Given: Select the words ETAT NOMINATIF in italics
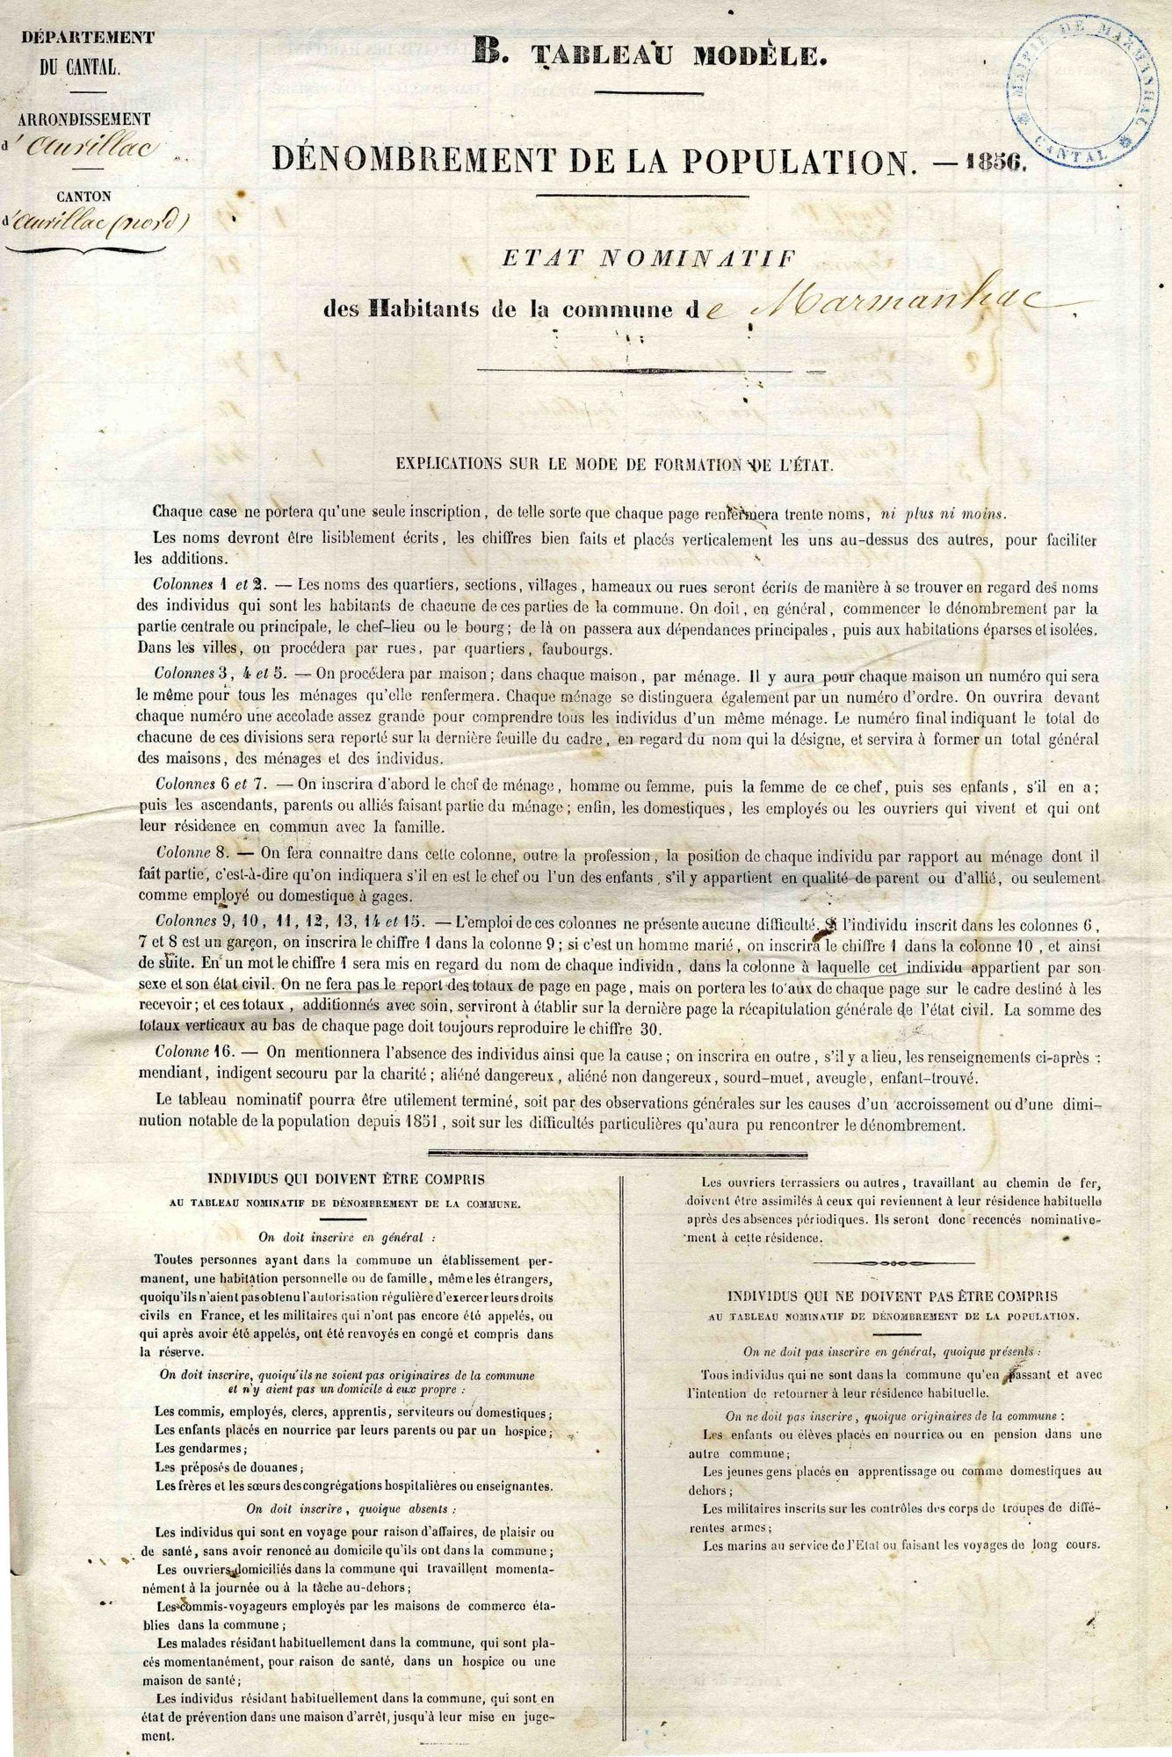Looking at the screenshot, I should coord(647,258).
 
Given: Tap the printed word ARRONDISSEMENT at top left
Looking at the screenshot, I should coord(86,119).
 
